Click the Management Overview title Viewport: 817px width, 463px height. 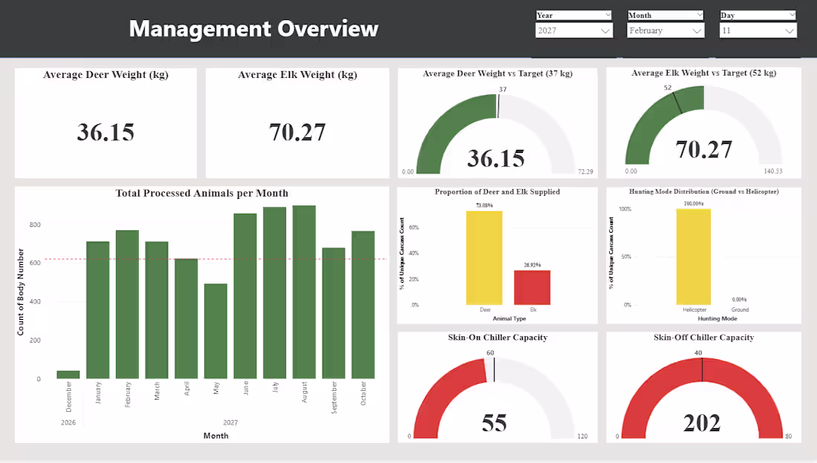pos(253,29)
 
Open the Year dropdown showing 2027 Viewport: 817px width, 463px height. pos(574,30)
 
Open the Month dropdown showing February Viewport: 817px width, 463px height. pos(665,30)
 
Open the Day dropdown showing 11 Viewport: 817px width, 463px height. pos(758,30)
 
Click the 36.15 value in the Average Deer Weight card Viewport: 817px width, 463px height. pos(105,132)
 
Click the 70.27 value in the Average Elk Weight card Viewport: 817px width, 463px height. pos(297,132)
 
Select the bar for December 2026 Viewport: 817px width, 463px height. pos(68,375)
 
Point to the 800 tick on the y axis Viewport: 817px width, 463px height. pos(36,225)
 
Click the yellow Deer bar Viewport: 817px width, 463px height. pos(484,257)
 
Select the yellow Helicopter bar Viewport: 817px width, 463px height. pos(694,256)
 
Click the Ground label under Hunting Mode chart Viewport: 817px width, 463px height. pos(740,309)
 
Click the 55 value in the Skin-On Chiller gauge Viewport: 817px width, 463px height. pos(494,422)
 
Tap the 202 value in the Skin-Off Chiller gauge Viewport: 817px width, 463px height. pos(702,422)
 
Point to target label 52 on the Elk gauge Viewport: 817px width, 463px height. pos(668,88)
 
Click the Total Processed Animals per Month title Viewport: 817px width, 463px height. pos(201,193)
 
